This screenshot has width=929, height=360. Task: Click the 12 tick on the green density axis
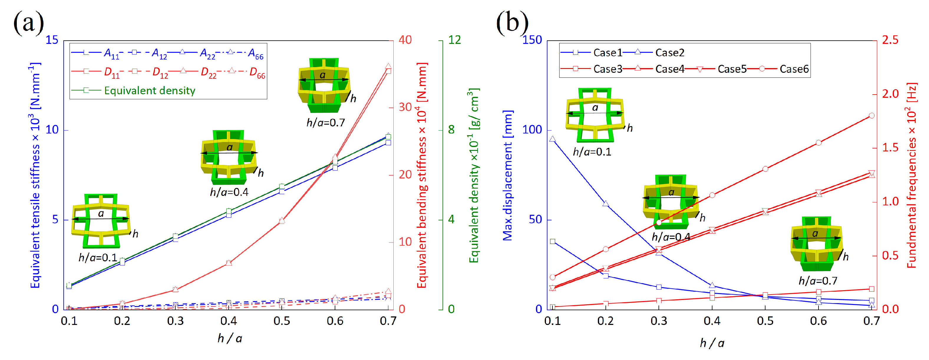point(454,40)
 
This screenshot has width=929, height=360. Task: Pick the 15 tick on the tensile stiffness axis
point(52,40)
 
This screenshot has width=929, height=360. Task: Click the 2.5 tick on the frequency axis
point(890,40)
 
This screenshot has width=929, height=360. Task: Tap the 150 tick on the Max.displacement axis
point(532,40)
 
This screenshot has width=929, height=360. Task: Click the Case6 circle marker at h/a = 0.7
point(872,115)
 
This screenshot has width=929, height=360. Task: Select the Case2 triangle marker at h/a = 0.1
point(552,139)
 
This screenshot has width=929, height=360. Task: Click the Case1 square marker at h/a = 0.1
point(552,241)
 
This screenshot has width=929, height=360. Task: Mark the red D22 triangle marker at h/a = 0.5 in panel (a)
point(282,221)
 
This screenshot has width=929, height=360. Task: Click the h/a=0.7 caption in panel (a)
point(325,123)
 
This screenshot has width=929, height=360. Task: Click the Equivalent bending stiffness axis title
point(422,175)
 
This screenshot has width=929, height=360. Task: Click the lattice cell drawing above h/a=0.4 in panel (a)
point(229,157)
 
